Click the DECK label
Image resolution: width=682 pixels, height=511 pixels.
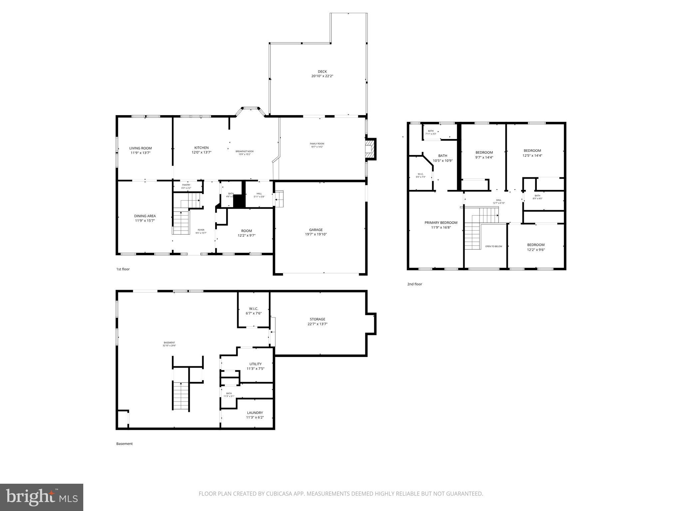(x=322, y=72)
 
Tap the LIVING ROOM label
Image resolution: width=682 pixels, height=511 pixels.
(x=141, y=148)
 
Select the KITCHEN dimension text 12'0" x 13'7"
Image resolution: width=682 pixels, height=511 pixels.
(x=201, y=152)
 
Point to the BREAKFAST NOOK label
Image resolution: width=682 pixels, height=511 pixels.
(x=244, y=151)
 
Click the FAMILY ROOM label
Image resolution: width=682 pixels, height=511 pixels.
(x=317, y=144)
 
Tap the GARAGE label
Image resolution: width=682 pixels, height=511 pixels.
(x=316, y=230)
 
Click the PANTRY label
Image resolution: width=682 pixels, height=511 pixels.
(x=186, y=185)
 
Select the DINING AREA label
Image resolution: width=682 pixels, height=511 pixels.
(x=145, y=216)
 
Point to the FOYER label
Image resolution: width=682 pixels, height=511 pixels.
(x=201, y=230)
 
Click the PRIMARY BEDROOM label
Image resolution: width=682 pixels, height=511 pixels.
(x=441, y=223)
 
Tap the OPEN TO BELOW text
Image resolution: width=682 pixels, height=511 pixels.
(x=494, y=247)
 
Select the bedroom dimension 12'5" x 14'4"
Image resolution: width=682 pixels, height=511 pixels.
(x=532, y=155)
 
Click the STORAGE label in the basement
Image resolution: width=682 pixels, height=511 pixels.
(x=317, y=319)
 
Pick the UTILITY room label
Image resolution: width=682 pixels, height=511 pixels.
(x=255, y=364)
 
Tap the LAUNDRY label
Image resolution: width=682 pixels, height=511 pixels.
(x=255, y=413)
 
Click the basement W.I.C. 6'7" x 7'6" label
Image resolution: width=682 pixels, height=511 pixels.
(x=253, y=311)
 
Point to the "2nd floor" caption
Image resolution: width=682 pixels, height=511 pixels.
(x=415, y=284)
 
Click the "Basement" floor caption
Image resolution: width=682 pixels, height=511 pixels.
(x=124, y=444)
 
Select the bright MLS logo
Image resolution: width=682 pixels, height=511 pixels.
(x=42, y=497)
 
